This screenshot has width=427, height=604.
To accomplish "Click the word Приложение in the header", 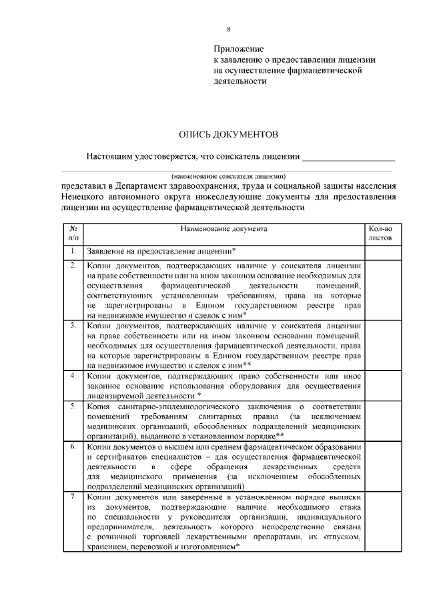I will click(x=239, y=49).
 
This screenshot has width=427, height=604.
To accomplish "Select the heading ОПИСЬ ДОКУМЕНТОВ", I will click(x=228, y=134).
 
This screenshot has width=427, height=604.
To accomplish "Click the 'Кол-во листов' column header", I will click(x=380, y=233).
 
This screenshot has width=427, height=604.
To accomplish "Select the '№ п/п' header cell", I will click(x=73, y=233).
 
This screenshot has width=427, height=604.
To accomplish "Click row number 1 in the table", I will click(x=73, y=251).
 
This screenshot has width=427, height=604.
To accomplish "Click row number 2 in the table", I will click(x=73, y=266).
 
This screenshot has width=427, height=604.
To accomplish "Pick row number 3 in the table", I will click(x=73, y=325).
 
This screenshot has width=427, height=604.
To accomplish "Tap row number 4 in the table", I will click(x=73, y=376).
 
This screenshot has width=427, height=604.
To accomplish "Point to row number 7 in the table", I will click(x=73, y=498).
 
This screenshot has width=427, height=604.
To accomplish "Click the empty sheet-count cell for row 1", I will click(x=380, y=252).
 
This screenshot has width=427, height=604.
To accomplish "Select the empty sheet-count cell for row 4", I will click(x=380, y=386).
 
